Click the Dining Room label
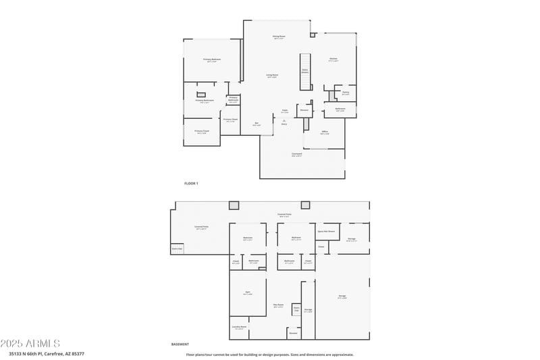pyautogui.click(x=279, y=37)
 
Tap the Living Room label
pyautogui.click(x=272, y=76)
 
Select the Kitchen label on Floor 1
pyautogui.click(x=333, y=59)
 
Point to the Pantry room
pyautogui.click(x=345, y=93)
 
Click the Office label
pyautogui.click(x=325, y=132)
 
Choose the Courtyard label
pyautogui.click(x=296, y=155)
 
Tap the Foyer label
pyautogui.click(x=285, y=111)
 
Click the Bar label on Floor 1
pyautogui.click(x=256, y=124)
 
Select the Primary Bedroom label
pyautogui.click(x=212, y=61)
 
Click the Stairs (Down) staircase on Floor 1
pyautogui.click(x=305, y=71)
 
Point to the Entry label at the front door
pyautogui.click(x=283, y=124)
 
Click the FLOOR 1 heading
pyautogui.click(x=191, y=183)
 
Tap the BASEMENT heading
pyautogui.click(x=180, y=344)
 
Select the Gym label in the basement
pyautogui.click(x=247, y=293)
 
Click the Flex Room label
pyautogui.click(x=278, y=306)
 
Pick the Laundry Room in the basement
pyautogui.click(x=240, y=328)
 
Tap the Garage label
pyautogui.click(x=342, y=297)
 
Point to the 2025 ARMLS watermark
pyautogui.click(x=30, y=343)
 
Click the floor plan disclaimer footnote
pyautogui.click(x=270, y=354)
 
